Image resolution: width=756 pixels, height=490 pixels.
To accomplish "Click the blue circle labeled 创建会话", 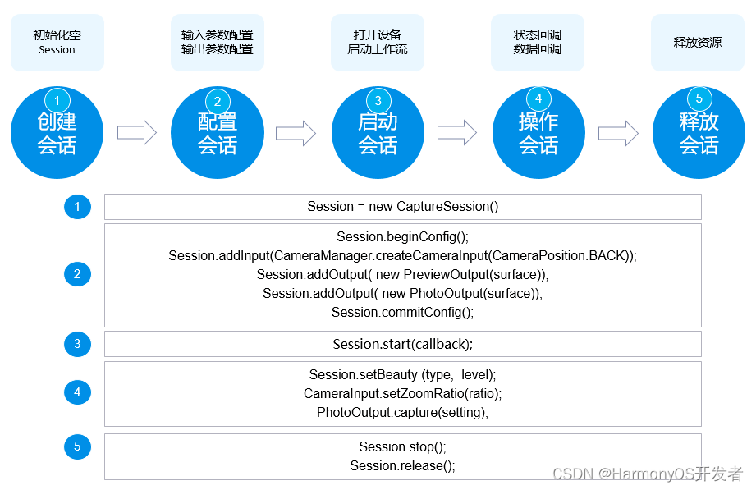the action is [x=57, y=133].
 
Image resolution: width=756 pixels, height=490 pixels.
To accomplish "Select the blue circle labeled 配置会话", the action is [x=218, y=133].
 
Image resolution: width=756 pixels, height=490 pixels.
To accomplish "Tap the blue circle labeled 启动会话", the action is [x=378, y=133].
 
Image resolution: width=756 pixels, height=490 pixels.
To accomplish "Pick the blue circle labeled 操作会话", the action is [x=538, y=133].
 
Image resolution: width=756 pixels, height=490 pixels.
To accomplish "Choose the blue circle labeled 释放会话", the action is [x=699, y=133].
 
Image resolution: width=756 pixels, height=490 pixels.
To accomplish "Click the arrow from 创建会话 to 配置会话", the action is [x=137, y=133].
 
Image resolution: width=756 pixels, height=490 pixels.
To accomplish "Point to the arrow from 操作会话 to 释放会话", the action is [x=619, y=133].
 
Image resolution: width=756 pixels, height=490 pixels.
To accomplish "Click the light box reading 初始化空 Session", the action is [x=57, y=43].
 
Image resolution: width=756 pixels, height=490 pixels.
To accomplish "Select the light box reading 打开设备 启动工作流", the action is [x=378, y=43].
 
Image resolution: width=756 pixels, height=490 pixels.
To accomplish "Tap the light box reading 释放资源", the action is [x=698, y=43].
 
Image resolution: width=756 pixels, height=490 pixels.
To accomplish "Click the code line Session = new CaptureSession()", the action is [x=403, y=206].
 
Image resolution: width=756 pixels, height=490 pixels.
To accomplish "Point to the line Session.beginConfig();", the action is [x=402, y=237].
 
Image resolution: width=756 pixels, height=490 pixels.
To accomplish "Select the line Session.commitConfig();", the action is [x=402, y=313].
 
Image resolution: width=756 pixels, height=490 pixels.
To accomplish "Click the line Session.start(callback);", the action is [x=402, y=344].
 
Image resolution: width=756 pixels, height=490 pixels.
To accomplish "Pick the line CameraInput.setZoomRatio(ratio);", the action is [x=402, y=393].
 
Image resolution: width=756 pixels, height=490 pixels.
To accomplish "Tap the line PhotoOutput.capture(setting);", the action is [x=402, y=412].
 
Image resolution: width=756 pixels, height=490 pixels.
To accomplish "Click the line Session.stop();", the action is [x=402, y=447].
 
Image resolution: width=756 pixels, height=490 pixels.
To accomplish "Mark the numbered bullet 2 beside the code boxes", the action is [x=77, y=274].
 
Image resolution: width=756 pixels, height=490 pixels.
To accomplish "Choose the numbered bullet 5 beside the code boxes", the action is [x=77, y=446].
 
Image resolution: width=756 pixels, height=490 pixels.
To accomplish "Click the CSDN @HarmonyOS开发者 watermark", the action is [x=648, y=474].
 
